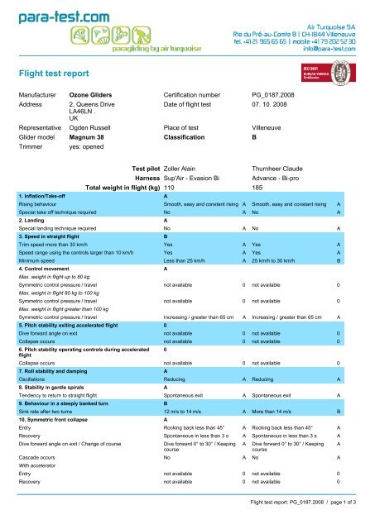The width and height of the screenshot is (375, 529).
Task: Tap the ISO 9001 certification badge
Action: click(x=331, y=71)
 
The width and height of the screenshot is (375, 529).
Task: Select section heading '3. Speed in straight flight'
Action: click(x=55, y=260)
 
